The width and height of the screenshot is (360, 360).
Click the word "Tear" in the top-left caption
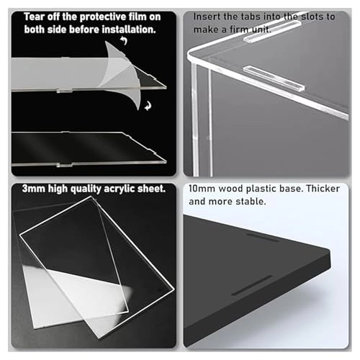[35, 17]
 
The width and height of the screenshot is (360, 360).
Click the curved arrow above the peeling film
[124, 40]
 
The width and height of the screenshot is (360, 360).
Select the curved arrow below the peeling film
[148, 106]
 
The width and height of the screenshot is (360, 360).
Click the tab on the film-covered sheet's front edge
[64, 91]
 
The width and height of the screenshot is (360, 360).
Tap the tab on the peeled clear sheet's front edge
[64, 165]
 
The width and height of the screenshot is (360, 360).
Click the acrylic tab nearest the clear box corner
[274, 78]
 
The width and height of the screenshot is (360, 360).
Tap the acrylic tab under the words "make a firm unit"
[271, 32]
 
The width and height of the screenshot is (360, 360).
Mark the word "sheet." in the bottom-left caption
[151, 189]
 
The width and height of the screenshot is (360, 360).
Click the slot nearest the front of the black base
[252, 285]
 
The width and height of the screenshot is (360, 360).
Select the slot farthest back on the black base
[263, 236]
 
